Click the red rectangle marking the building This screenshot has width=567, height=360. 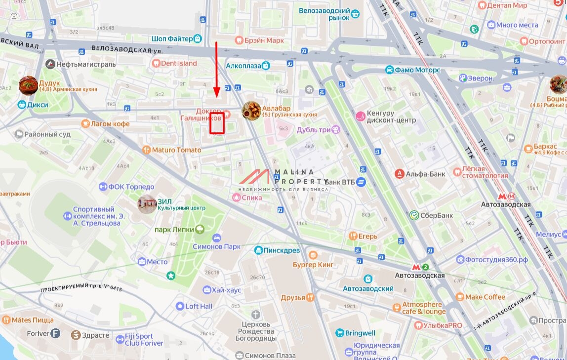click(x=217, y=123)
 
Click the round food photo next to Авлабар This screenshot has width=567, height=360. click(x=251, y=111)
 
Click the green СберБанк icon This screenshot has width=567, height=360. click(x=414, y=215)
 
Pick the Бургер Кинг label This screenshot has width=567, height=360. click(x=326, y=265)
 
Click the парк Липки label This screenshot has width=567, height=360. click(x=173, y=229)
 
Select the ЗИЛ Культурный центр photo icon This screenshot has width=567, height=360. click(x=147, y=204)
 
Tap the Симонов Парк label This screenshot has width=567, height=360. click(x=216, y=246)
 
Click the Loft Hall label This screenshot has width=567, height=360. click(x=199, y=306)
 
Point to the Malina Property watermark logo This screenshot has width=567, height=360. click(x=284, y=180)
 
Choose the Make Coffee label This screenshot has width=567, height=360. click(x=485, y=297)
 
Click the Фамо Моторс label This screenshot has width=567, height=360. click(x=417, y=70)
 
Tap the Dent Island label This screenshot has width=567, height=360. click(x=178, y=63)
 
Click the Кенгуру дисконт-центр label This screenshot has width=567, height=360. click(x=391, y=117)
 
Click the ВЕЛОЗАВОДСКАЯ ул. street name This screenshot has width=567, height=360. click(x=127, y=50)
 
